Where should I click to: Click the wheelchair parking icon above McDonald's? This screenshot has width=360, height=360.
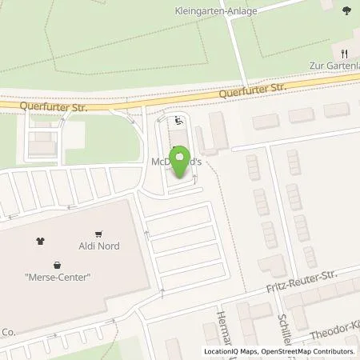tap(178, 121)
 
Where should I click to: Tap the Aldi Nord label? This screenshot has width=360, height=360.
tap(98, 246)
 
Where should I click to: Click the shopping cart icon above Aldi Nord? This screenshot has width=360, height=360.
tap(98, 234)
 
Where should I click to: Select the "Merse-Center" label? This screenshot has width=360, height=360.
tap(56, 278)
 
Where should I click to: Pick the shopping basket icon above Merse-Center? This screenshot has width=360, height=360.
tap(57, 265)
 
